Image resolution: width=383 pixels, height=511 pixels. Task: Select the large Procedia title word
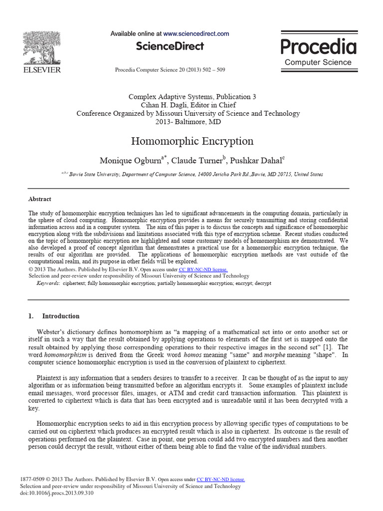tap(318, 47)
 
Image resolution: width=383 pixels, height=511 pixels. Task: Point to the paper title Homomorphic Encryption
tap(192, 141)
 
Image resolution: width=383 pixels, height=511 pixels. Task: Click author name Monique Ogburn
tap(132, 161)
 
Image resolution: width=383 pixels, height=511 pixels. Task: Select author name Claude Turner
tap(197, 161)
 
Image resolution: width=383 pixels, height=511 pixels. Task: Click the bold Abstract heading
tap(40, 199)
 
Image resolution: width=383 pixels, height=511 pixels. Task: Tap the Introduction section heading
tap(60, 316)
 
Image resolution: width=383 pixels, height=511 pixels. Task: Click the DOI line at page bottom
tap(56, 493)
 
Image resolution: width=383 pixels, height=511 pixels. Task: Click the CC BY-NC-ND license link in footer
tap(221, 479)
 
